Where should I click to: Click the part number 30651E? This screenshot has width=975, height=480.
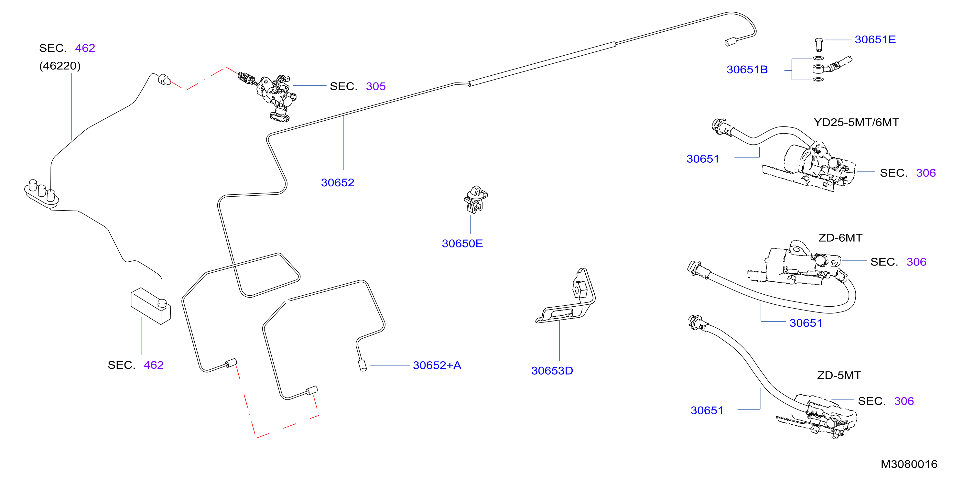[x=875, y=39]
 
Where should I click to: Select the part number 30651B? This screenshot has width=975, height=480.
[x=747, y=70]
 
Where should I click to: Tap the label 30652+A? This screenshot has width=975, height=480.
[x=437, y=365]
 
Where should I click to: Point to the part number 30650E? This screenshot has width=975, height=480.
[x=462, y=244]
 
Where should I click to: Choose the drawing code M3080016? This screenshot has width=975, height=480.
[x=909, y=464]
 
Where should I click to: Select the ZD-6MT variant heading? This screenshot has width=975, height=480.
[x=840, y=238]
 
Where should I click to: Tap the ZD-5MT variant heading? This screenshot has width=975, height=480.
[x=839, y=375]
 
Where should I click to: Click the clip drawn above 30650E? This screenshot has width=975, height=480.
[x=476, y=200]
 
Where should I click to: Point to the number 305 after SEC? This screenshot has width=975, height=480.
[x=376, y=86]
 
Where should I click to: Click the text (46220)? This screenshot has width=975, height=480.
[x=60, y=66]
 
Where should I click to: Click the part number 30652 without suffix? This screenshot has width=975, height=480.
[x=338, y=182]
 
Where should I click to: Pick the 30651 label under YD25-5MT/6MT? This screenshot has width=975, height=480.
[x=703, y=159]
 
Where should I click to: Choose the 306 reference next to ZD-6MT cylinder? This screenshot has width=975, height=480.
[x=916, y=262]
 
